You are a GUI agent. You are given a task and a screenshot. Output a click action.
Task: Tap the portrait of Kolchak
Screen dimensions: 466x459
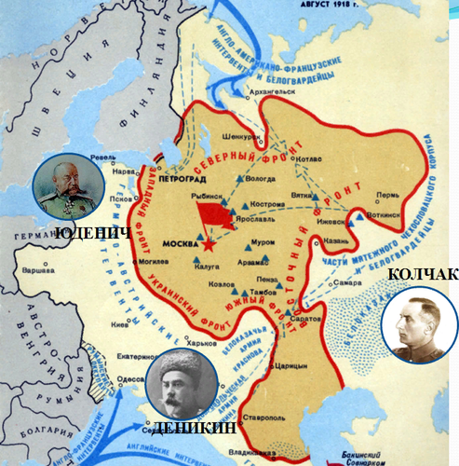coord(420,323)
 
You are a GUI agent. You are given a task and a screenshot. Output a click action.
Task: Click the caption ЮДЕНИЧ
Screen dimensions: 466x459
coord(92,232)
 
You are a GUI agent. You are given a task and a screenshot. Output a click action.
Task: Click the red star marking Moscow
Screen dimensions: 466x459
coord(210,245)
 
